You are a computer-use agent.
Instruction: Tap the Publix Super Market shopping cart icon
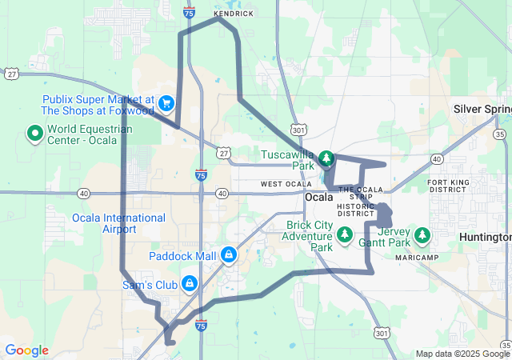point(166,102)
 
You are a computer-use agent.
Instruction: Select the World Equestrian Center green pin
point(35,133)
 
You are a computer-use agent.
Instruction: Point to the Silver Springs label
point(482,108)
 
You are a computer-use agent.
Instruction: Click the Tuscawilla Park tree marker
point(326,157)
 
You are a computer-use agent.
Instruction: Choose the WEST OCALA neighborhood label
point(286,184)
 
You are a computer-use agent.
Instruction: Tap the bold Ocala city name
point(318,198)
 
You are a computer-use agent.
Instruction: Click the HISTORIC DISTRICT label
point(356,210)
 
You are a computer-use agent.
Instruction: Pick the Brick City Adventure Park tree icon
point(345,234)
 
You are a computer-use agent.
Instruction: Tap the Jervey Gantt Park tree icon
point(422,235)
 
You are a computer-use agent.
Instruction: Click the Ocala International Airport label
point(118,223)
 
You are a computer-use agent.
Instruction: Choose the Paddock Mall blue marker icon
point(229,255)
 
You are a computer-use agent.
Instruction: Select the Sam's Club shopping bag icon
point(190,283)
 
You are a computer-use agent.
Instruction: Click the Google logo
point(26,350)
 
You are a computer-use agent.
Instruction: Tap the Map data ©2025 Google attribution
point(462,354)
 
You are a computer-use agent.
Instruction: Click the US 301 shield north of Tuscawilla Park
point(298,129)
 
